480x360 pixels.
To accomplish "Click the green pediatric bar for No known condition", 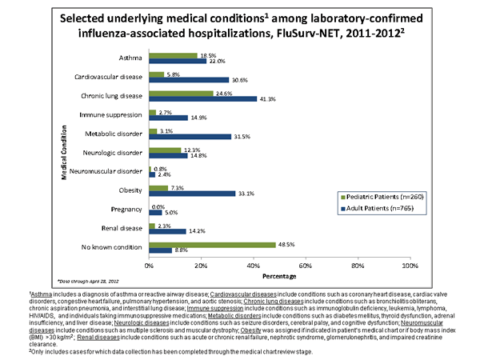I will tap(212, 244).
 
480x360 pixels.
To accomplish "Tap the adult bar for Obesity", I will tap(192, 193).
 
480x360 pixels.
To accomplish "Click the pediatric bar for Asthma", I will tap(174, 55).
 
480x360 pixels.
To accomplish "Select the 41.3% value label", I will tap(268, 98).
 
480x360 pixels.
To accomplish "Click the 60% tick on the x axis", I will tap(306, 265).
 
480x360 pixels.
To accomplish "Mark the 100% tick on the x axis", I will tap(410, 265).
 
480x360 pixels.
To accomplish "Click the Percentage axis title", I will tap(278, 278).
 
